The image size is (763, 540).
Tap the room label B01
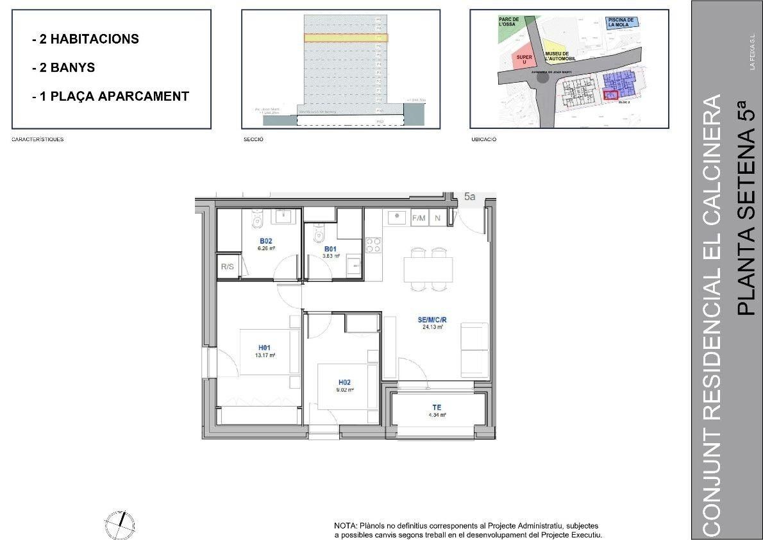330,249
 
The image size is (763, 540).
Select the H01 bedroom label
264,348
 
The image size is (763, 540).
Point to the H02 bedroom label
344,382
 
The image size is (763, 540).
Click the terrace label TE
437,407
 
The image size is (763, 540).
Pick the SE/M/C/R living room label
432,319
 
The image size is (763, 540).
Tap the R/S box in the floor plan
226,266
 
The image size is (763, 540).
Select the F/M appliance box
419,218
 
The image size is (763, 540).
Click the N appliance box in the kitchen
437,218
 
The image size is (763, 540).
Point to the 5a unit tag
470,197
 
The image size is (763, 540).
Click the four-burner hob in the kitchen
373,246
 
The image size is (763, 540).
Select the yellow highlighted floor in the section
346,38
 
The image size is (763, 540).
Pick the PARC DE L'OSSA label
510,24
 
